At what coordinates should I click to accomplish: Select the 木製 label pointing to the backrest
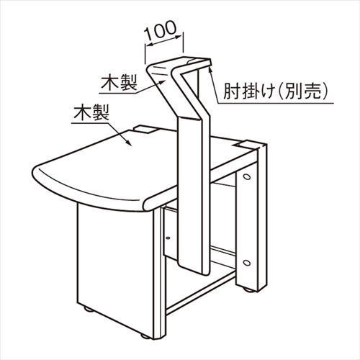pyautogui.click(x=119, y=83)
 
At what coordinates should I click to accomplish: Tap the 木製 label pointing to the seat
pyautogui.click(x=91, y=112)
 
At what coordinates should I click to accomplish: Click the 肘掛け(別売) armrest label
pyautogui.click(x=275, y=91)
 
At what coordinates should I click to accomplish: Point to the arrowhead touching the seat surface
pyautogui.click(x=128, y=142)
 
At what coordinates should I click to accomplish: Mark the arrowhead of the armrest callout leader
pyautogui.click(x=211, y=68)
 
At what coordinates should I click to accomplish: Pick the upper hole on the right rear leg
pyautogui.click(x=246, y=177)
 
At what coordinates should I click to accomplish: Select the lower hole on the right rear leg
pyautogui.click(x=246, y=262)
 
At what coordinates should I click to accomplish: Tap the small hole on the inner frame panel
pyautogui.click(x=168, y=238)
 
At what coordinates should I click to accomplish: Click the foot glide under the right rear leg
pyautogui.click(x=249, y=291)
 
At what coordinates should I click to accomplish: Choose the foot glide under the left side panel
pyautogui.click(x=88, y=310)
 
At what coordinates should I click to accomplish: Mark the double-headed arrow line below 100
pyautogui.click(x=163, y=40)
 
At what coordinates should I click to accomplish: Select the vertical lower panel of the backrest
pyautogui.click(x=194, y=194)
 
